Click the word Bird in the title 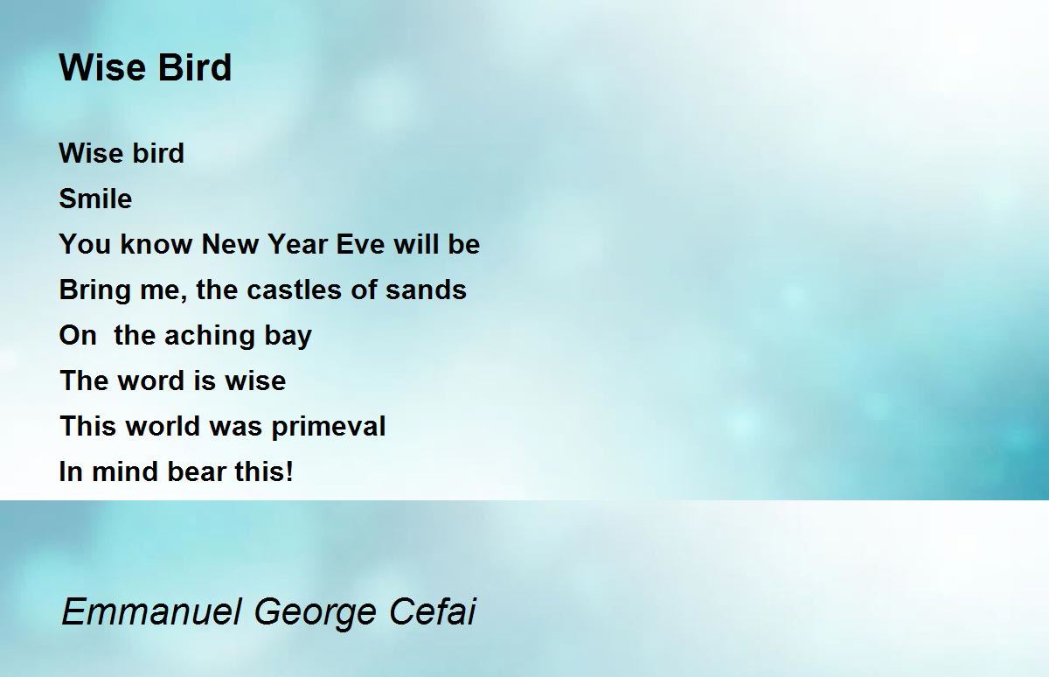pos(194,67)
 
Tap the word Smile pos(95,199)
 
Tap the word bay pos(288,337)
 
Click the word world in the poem pos(163,426)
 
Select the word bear pos(197,471)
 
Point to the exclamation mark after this pos(289,471)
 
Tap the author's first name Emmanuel pos(152,611)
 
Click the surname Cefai pos(432,611)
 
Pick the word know pos(156,244)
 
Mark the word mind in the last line pos(125,471)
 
